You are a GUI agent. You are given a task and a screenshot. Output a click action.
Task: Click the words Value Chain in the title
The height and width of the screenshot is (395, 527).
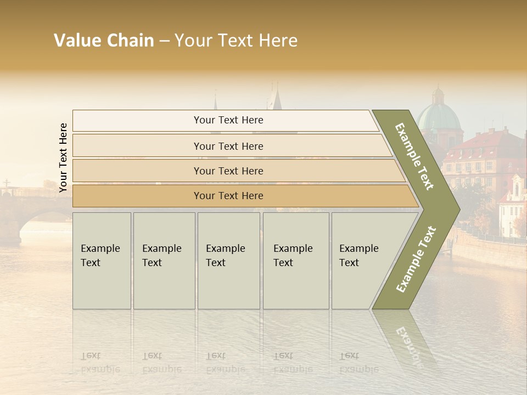[x=104, y=41]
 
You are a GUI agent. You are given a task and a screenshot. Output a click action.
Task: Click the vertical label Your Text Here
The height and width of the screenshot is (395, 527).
[x=63, y=157]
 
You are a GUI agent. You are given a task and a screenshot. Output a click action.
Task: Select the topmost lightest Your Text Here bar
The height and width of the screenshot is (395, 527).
[x=228, y=120]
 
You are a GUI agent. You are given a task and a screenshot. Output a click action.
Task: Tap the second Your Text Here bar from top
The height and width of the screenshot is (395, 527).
[x=228, y=146]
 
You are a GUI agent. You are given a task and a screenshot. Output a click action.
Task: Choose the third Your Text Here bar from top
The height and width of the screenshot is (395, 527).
[x=228, y=171]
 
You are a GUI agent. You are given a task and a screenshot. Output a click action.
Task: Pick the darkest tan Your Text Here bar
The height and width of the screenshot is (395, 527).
[x=228, y=196]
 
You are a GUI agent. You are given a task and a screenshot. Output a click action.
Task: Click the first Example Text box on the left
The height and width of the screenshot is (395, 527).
[x=102, y=261]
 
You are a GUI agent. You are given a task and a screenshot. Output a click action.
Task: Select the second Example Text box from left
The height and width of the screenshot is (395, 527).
[x=164, y=261]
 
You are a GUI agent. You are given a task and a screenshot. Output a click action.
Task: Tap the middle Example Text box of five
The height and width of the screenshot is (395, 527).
[x=228, y=261]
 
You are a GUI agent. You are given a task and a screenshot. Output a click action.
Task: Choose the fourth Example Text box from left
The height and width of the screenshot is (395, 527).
[x=295, y=261]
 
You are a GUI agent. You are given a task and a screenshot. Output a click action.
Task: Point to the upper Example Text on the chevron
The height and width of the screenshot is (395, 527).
[x=414, y=156]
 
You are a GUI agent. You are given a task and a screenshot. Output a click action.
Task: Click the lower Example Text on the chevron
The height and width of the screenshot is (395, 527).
[x=416, y=259]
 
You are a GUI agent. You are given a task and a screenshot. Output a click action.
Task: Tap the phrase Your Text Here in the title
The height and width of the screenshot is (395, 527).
[x=236, y=41]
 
